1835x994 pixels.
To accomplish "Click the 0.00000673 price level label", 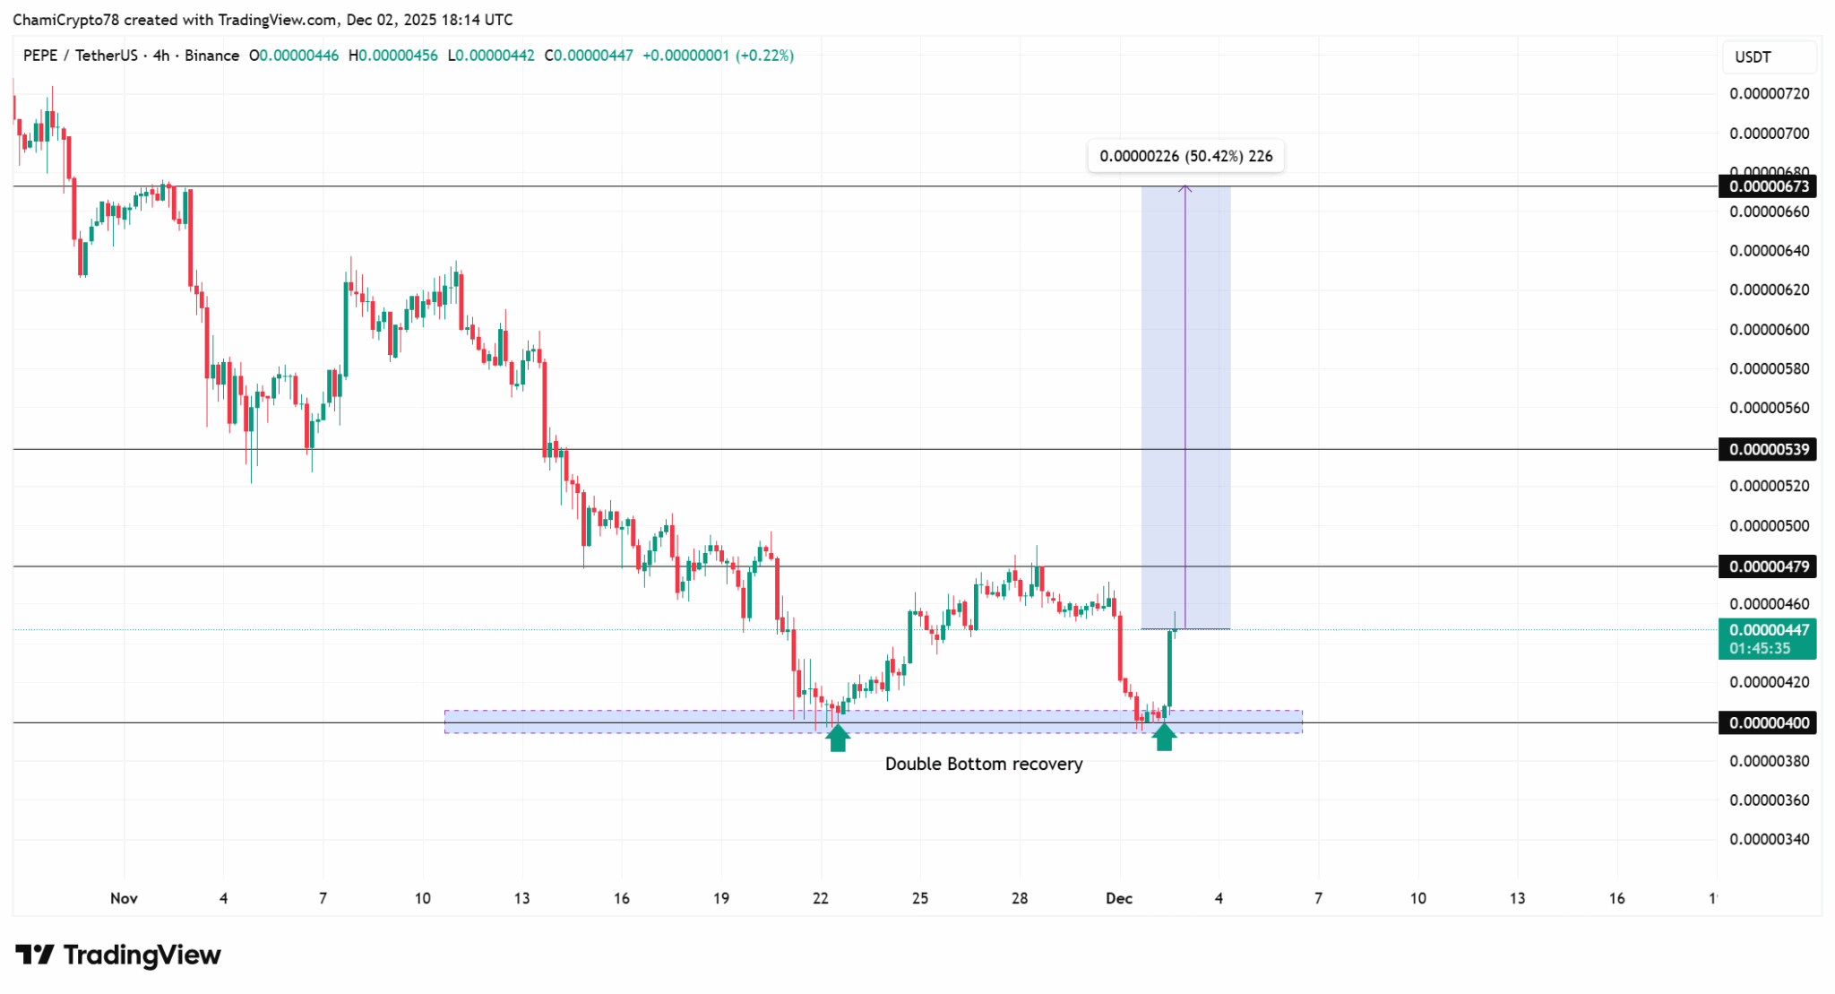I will point(1767,186).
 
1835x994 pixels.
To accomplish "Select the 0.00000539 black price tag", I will point(1767,449).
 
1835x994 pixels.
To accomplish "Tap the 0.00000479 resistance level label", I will point(1767,566).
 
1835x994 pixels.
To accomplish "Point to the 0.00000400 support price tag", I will point(1767,722).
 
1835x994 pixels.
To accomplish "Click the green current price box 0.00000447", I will point(1767,638).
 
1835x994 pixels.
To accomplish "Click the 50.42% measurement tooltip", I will point(1185,156).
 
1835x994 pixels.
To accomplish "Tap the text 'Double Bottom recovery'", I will point(983,764).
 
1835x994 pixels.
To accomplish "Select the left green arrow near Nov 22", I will point(837,738).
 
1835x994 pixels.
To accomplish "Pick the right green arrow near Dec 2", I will point(1164,738).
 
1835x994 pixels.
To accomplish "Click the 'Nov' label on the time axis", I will point(124,898).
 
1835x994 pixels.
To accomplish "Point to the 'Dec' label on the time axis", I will point(1119,898).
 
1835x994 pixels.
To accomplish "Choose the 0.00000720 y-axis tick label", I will point(1769,93).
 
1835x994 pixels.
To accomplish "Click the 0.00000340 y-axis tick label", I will point(1769,839).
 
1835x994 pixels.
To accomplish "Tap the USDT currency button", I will point(1753,57).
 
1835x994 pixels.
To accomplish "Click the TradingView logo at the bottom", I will point(118,955).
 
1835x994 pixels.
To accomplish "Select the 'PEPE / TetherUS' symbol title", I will point(81,56).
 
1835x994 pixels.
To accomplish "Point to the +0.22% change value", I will point(764,56).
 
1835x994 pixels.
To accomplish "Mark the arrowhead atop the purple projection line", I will point(1185,187).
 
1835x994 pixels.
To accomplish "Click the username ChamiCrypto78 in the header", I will point(66,20).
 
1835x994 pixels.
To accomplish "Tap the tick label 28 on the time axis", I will point(1020,898).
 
